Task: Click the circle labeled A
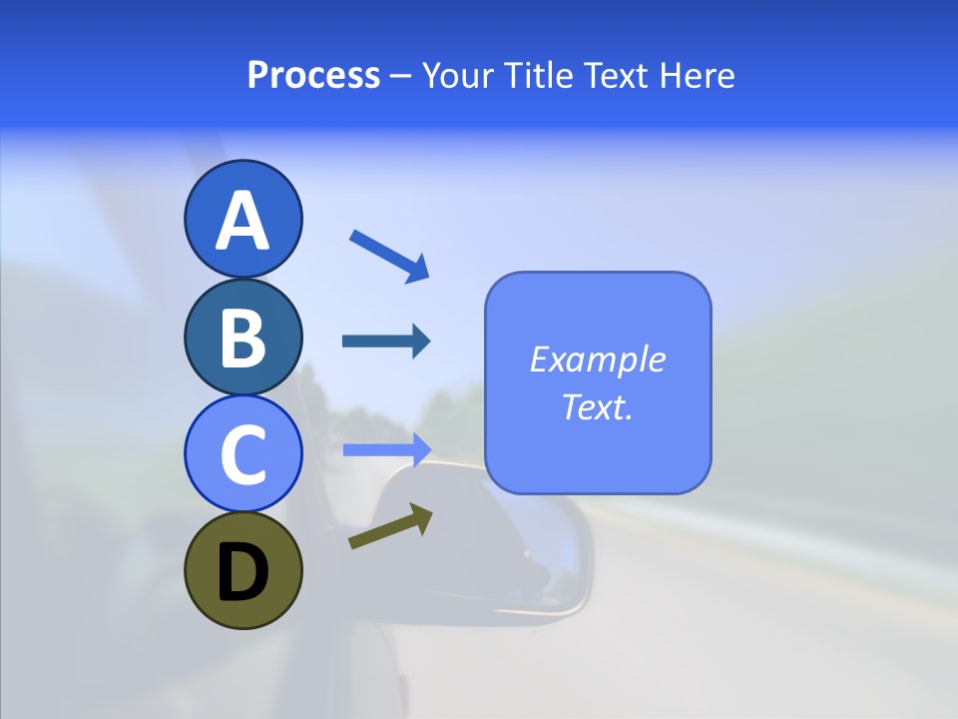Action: point(242,219)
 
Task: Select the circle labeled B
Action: point(242,337)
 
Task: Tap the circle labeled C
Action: point(242,453)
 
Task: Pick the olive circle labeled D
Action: point(242,570)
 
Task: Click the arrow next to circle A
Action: point(389,255)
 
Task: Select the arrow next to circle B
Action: point(386,342)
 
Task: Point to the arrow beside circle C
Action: point(386,449)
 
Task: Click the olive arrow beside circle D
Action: point(390,526)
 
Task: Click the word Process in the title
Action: point(313,76)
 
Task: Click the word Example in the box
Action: point(598,359)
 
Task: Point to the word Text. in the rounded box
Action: point(598,406)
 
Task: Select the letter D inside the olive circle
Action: point(242,572)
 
